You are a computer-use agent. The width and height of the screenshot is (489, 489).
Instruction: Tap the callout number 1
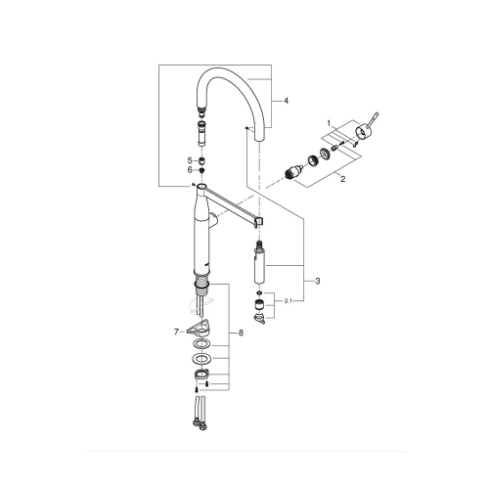[330, 125]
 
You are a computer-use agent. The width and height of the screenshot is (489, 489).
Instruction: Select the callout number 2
[341, 179]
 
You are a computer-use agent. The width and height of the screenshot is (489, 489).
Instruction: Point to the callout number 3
[317, 282]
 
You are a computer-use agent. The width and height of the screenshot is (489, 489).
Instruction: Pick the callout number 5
[189, 158]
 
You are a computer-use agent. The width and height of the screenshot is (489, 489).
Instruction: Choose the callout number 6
[189, 169]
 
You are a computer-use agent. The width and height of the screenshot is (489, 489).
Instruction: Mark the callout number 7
[176, 333]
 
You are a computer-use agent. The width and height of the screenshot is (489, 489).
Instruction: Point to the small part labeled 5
[200, 158]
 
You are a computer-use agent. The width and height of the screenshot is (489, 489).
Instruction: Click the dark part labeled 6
[200, 169]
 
